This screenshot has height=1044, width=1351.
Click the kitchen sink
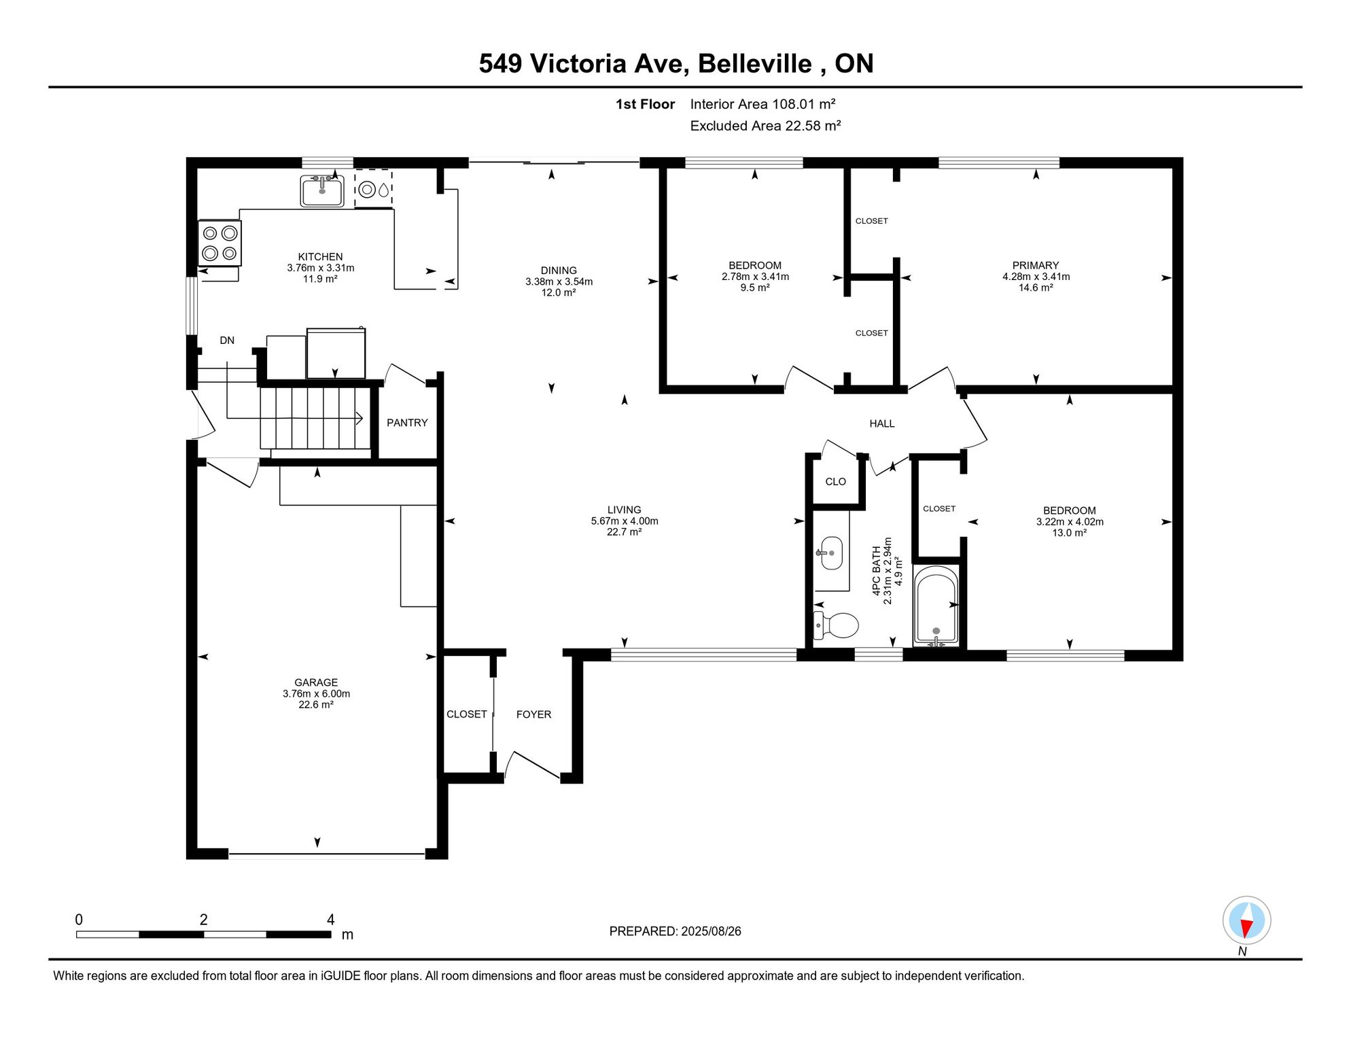pyautogui.click(x=322, y=190)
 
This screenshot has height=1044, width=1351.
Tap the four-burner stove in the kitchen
pyautogui.click(x=220, y=243)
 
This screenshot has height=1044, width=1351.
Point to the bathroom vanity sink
pyautogui.click(x=830, y=553)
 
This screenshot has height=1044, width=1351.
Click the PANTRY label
pyautogui.click(x=407, y=423)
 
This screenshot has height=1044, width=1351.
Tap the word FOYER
pyautogui.click(x=533, y=714)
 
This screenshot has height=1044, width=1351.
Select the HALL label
pyautogui.click(x=882, y=423)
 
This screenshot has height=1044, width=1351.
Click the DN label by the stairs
pyautogui.click(x=227, y=341)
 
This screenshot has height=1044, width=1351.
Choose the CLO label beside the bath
pyautogui.click(x=836, y=482)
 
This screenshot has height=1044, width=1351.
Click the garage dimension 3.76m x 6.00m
pyautogui.click(x=317, y=694)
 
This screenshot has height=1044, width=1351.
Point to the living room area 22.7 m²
pyautogui.click(x=625, y=532)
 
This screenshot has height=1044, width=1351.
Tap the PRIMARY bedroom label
pyautogui.click(x=1036, y=266)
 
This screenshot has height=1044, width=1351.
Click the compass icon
pyautogui.click(x=1246, y=920)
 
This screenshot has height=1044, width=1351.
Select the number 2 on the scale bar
pyautogui.click(x=204, y=920)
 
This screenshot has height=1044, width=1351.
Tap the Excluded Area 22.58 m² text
pyautogui.click(x=766, y=126)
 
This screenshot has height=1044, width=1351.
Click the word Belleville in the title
pyautogui.click(x=755, y=64)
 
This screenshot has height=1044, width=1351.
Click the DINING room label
pyautogui.click(x=559, y=271)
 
